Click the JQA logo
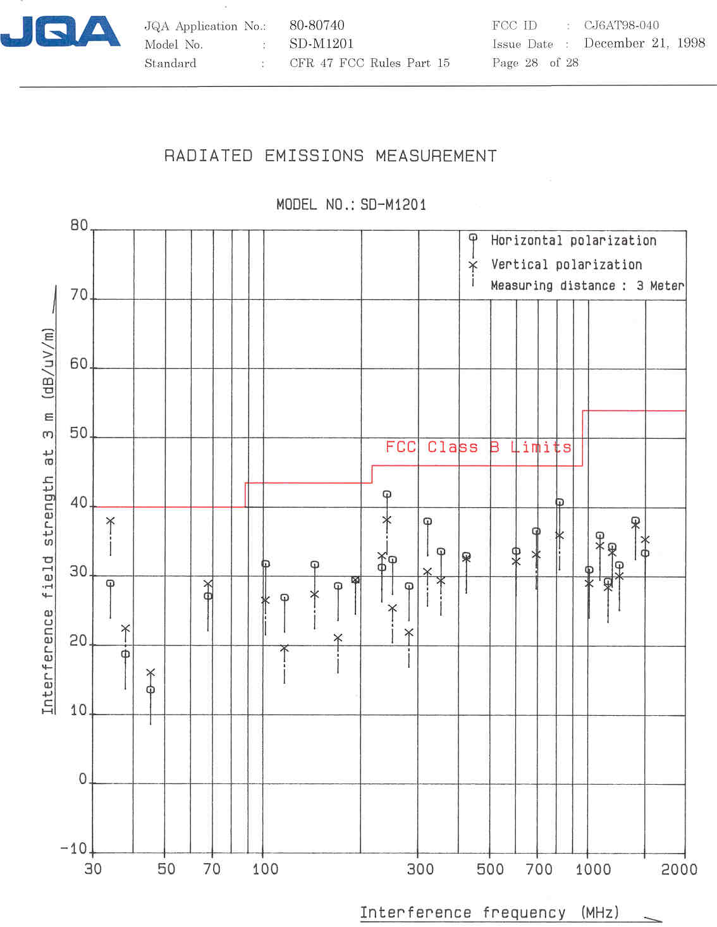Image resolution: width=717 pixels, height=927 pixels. tap(60, 32)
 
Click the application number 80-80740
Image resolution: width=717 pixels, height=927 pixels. tap(317, 25)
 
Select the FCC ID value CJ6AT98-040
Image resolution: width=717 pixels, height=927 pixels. tap(621, 25)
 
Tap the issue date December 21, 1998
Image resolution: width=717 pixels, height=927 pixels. tap(644, 44)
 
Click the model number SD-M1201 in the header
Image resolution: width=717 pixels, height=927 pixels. tap(321, 44)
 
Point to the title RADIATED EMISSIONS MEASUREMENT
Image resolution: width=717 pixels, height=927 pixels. tap(330, 156)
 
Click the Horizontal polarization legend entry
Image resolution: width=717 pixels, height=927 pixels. tap(573, 240)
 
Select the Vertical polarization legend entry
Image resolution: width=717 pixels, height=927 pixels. tap(566, 264)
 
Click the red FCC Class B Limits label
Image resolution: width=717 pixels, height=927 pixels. tap(478, 447)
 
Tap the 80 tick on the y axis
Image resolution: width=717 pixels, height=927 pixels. tap(79, 226)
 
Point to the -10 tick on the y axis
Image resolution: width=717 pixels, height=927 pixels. tap(73, 849)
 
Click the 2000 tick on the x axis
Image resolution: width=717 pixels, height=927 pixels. tap(679, 869)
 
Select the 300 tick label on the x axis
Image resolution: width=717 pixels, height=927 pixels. tap(420, 869)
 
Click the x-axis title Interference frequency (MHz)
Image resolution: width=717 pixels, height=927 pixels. tap(489, 912)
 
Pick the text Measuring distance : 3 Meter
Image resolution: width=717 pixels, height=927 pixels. tap(587, 286)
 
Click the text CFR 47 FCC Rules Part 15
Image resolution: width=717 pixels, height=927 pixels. tap(369, 63)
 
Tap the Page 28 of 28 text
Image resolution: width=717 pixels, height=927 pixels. tap(535, 63)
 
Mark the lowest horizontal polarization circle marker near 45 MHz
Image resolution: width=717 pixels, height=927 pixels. tap(150, 690)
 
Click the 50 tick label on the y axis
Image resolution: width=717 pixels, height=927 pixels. tap(79, 433)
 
